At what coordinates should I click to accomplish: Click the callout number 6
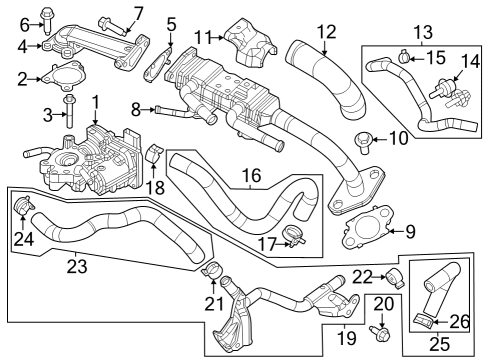click(25, 25)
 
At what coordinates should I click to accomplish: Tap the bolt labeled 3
click(70, 111)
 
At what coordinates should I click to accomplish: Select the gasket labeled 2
click(64, 76)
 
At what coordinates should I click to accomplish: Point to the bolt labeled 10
click(363, 142)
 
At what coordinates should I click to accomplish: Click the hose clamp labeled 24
click(24, 205)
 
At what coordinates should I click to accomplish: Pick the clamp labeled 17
click(294, 236)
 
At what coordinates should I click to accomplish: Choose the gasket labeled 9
click(367, 227)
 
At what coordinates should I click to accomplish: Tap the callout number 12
click(327, 32)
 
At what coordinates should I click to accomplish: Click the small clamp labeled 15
click(404, 57)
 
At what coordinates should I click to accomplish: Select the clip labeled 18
click(154, 153)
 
